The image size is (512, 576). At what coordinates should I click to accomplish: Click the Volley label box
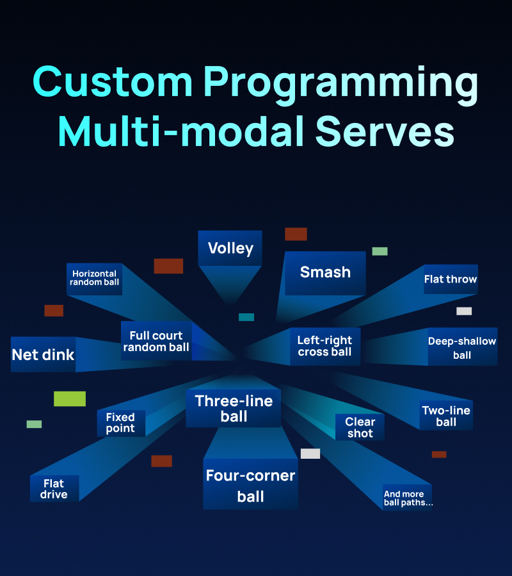click(x=230, y=248)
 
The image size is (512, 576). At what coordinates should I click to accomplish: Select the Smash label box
click(x=325, y=273)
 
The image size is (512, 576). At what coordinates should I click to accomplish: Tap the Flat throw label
click(x=451, y=279)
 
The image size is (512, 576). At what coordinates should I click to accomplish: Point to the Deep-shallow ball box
click(x=463, y=347)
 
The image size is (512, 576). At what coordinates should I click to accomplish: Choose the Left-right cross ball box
click(x=325, y=347)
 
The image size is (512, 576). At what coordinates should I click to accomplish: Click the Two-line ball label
click(x=446, y=415)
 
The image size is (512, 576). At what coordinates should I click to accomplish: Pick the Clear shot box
click(x=360, y=427)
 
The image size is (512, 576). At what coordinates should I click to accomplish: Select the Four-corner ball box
click(x=250, y=484)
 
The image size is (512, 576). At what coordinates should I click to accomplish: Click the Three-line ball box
click(x=234, y=409)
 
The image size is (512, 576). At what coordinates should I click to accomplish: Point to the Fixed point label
click(x=121, y=423)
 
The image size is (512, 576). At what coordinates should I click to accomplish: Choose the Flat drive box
click(x=54, y=489)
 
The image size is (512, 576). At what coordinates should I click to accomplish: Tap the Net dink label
click(x=44, y=354)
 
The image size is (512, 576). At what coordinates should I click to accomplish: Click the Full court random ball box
click(x=156, y=341)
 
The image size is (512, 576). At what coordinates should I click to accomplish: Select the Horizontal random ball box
click(x=94, y=279)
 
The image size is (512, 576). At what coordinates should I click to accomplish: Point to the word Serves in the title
click(x=385, y=131)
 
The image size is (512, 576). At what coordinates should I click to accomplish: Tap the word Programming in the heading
click(x=341, y=85)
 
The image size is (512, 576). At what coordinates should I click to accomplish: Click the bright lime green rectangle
click(x=70, y=399)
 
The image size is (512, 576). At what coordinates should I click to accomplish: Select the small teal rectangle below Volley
click(x=246, y=317)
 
